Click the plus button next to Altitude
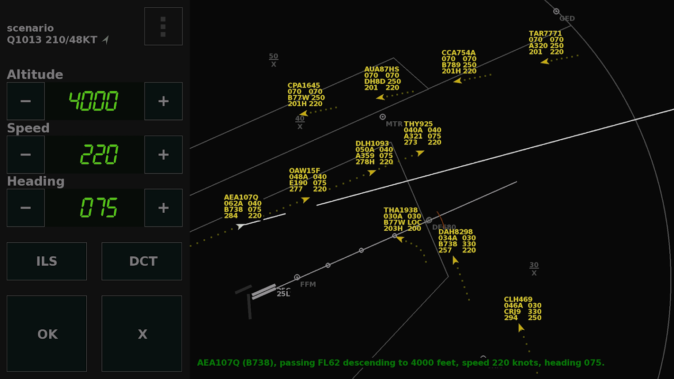pos(163,101)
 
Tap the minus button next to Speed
pos(26,154)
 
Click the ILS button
pos(46,261)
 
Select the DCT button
pos(142,261)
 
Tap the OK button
pos(46,334)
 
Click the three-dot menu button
pos(163,27)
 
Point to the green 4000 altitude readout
pos(94,101)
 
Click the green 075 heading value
pos(99,208)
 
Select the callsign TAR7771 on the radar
pos(545,34)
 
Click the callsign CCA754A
pos(458,53)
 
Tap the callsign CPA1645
pos(303,86)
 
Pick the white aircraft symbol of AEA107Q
pos(241,226)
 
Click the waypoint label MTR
pos(394,124)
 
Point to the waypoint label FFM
pos(308,285)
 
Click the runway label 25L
pos(283,294)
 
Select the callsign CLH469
pos(518,299)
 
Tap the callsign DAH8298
pos(455,232)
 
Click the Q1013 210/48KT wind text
pos(52,40)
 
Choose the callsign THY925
pos(418,124)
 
